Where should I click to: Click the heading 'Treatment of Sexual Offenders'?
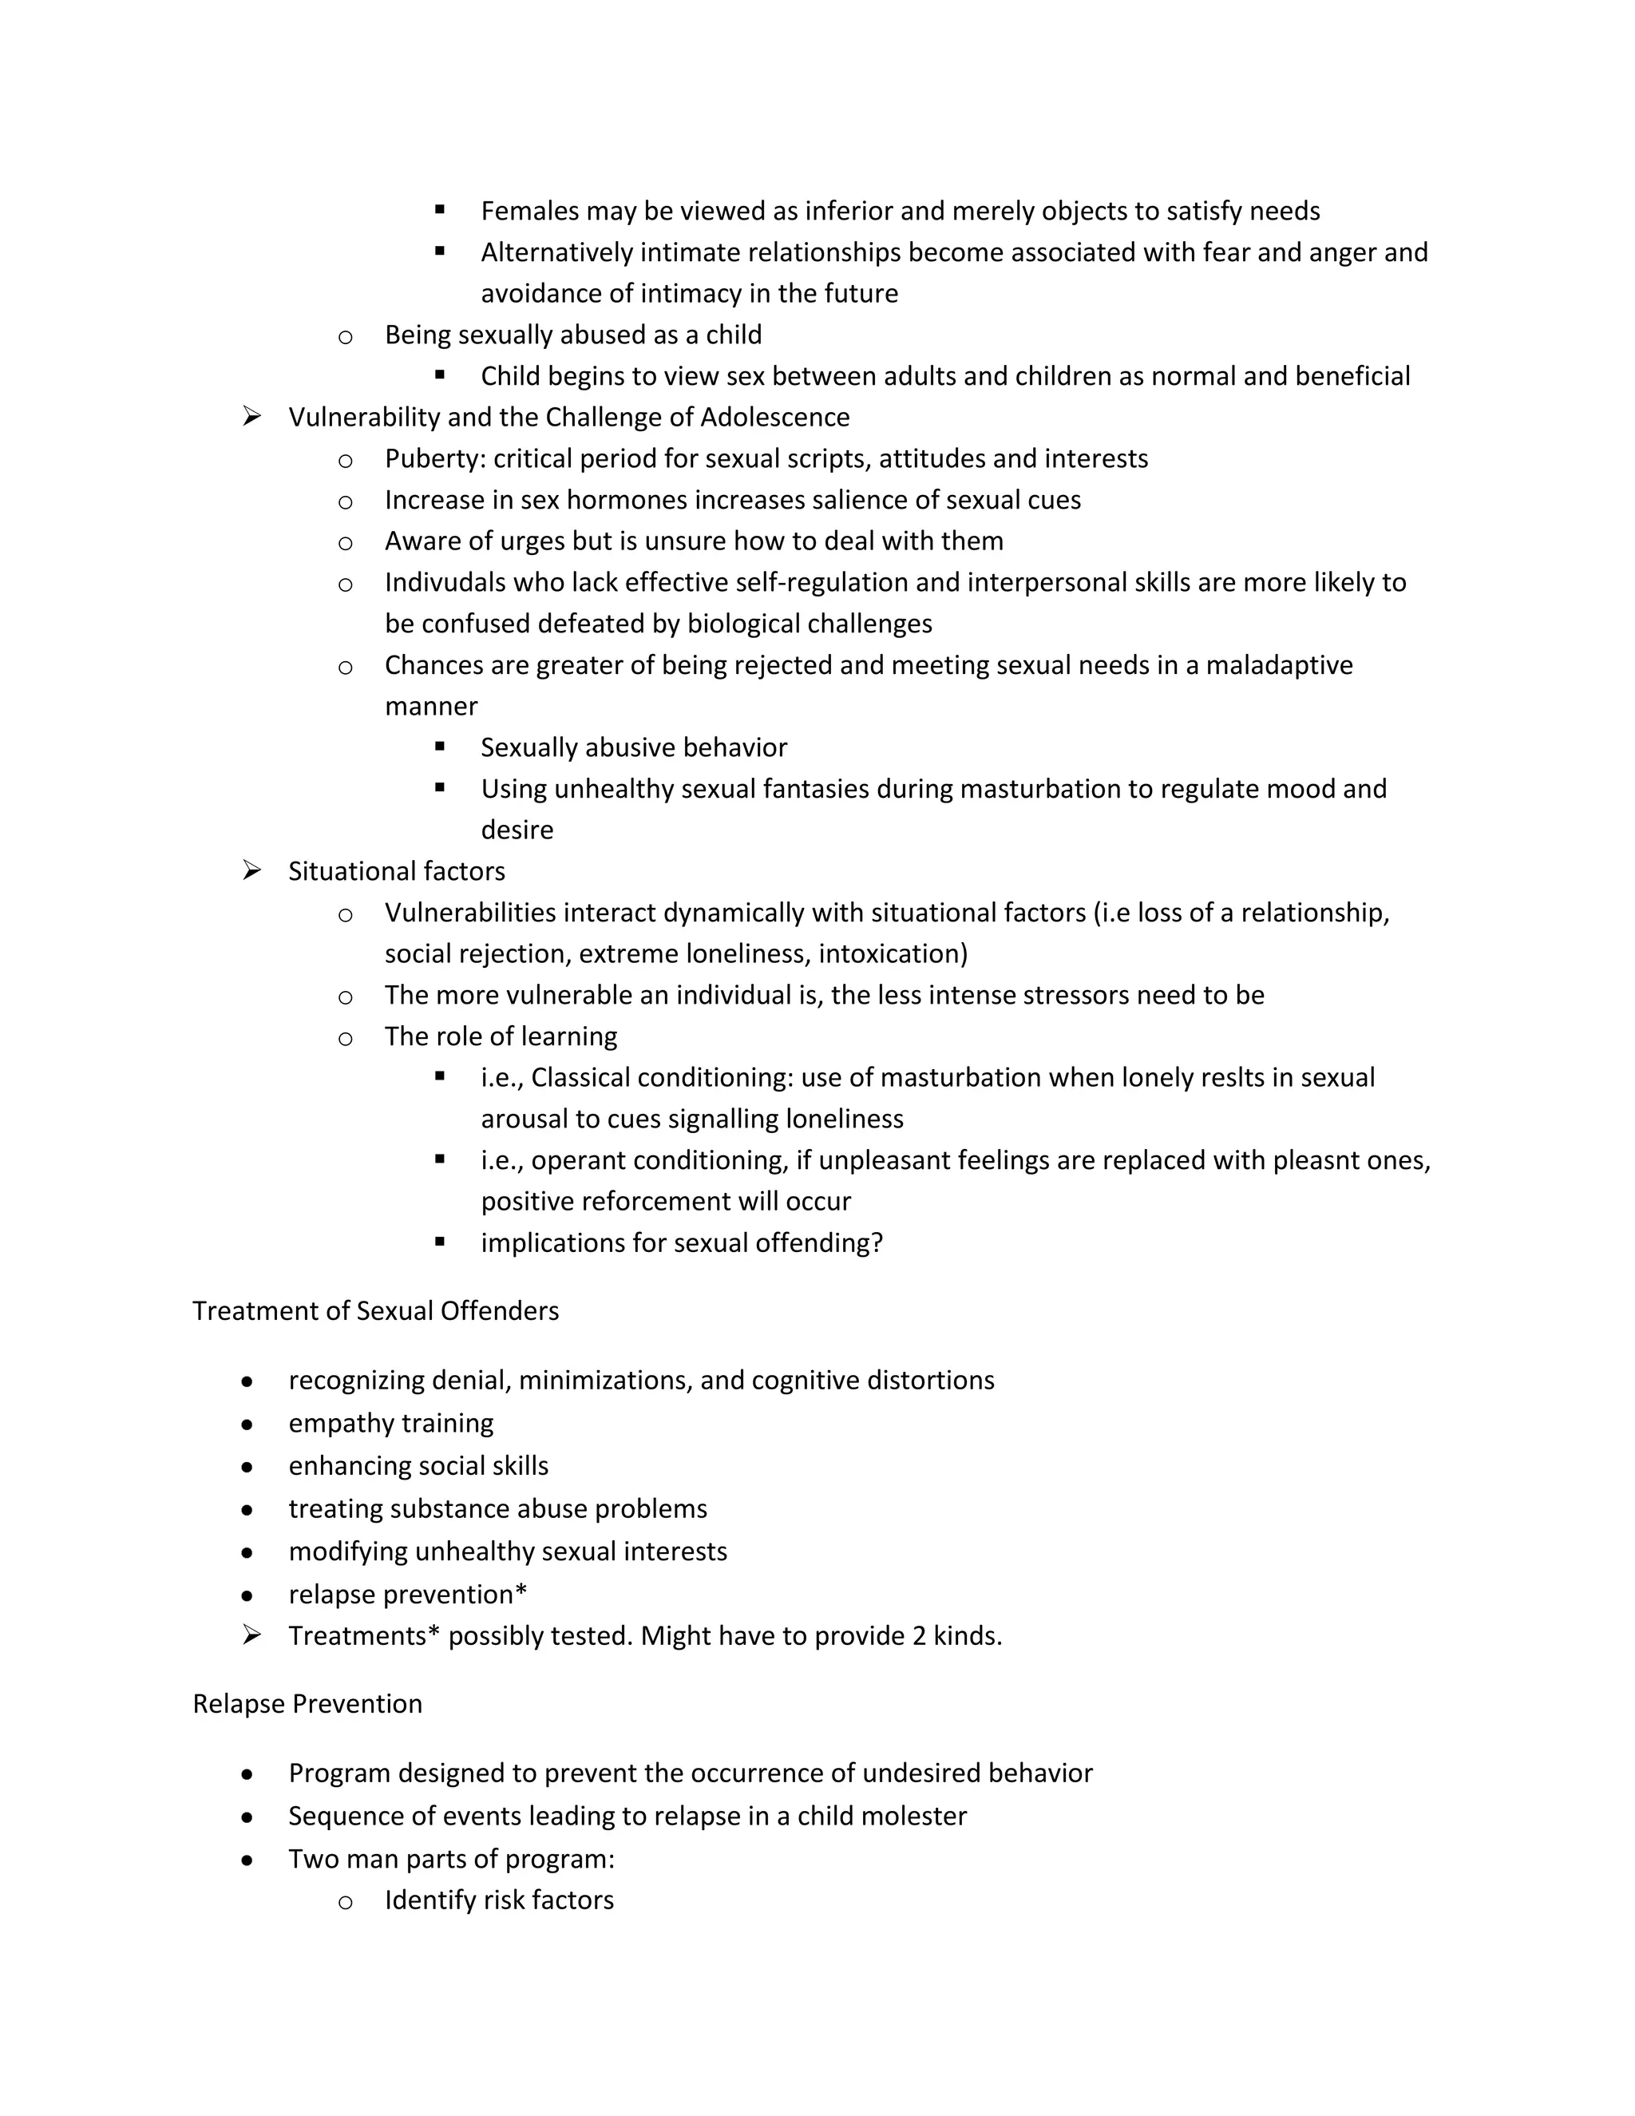click(x=376, y=1311)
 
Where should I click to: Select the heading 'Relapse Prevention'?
click(x=307, y=1704)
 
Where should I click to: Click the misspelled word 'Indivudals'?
click(x=449, y=582)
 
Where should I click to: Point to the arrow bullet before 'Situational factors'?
click(x=251, y=871)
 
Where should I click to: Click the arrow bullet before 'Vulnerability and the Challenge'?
click(x=251, y=418)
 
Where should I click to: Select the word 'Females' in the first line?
click(x=529, y=212)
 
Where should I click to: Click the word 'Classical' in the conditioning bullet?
click(x=580, y=1078)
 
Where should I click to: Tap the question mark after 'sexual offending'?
click(x=877, y=1243)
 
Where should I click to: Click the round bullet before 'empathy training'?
click(x=248, y=1425)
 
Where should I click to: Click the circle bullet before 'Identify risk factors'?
click(x=345, y=1903)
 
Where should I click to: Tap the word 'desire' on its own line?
click(x=517, y=830)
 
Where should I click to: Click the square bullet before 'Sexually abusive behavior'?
click(x=440, y=747)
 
